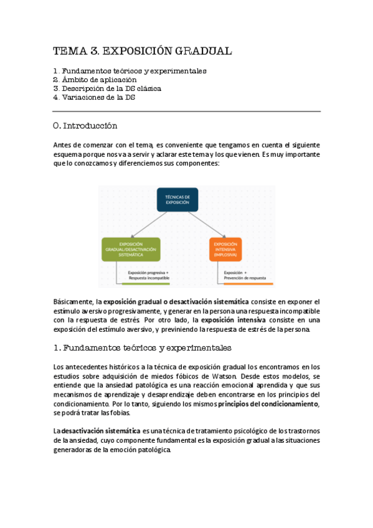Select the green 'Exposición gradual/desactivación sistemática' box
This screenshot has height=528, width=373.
tap(130, 249)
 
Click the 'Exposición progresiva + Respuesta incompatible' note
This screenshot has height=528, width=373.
tap(148, 275)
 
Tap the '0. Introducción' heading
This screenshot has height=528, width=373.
tap(85, 126)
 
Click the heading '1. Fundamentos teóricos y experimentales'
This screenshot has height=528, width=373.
tap(142, 347)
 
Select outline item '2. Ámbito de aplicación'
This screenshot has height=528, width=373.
tap(95, 80)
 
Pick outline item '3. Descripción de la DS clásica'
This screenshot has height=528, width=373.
tap(107, 88)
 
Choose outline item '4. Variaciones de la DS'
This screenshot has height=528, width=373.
tap(94, 97)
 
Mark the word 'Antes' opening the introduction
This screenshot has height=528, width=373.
tap(63, 144)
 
